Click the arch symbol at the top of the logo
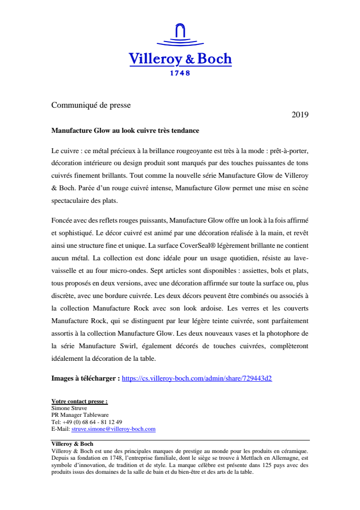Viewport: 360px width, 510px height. pyautogui.click(x=180, y=31)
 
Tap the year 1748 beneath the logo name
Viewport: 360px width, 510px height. pyautogui.click(x=180, y=73)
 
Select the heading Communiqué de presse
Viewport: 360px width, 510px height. pyautogui.click(x=91, y=105)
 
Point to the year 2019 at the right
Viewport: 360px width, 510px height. pyautogui.click(x=300, y=115)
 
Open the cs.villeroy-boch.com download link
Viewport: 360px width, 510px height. pyautogui.click(x=197, y=379)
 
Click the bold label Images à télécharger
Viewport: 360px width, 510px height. pyautogui.click(x=85, y=379)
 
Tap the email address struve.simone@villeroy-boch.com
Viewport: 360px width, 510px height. pyautogui.click(x=113, y=429)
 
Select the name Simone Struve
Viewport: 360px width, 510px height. pyautogui.click(x=69, y=408)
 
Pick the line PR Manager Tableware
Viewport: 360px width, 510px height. pyautogui.click(x=80, y=415)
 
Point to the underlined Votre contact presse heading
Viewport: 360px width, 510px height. pyautogui.click(x=80, y=401)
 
